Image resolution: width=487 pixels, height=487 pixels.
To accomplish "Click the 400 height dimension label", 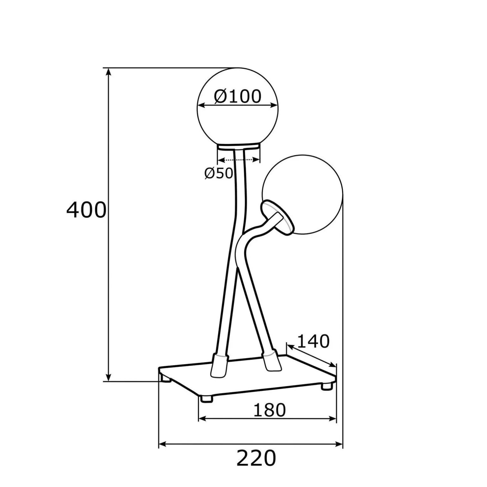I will [x=86, y=210].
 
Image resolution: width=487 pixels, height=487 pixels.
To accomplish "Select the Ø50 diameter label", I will [x=219, y=173].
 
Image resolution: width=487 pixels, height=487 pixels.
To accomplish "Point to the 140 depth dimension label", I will [x=313, y=341].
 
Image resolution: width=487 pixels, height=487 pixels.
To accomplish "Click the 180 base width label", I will [x=269, y=410].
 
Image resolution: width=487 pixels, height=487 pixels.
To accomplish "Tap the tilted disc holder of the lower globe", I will [x=277, y=218].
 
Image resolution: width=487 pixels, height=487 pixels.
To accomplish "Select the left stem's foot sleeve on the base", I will [x=219, y=366].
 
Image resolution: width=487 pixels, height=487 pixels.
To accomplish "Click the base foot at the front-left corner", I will [x=206, y=398].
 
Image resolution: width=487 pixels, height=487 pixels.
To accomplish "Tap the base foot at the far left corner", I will [x=166, y=378].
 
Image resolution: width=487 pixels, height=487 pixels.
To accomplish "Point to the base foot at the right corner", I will [x=327, y=386].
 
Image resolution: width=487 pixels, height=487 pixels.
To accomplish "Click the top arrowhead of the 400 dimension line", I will [x=109, y=72].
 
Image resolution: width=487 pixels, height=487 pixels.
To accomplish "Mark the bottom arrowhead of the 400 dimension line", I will [x=109, y=378].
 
